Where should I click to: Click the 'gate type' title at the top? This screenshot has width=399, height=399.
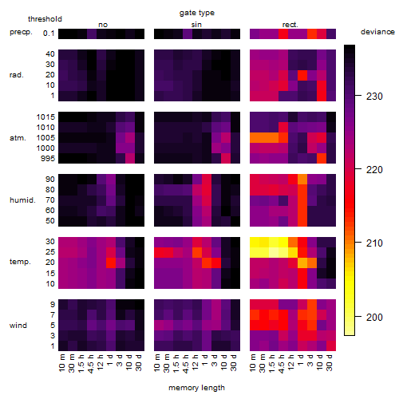(197, 13)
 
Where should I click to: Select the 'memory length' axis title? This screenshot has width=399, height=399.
(196, 388)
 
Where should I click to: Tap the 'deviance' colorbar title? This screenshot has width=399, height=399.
(377, 32)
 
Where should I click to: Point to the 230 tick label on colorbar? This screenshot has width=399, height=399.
(374, 97)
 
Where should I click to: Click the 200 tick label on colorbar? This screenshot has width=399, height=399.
(374, 317)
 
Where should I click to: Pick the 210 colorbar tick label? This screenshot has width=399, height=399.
(374, 243)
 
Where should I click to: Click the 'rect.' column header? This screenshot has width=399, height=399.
(290, 25)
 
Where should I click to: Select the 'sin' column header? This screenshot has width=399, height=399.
(196, 25)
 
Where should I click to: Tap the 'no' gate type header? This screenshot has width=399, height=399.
(103, 25)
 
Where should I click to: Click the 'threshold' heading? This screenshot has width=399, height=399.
(45, 19)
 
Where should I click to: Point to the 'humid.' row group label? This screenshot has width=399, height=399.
(22, 200)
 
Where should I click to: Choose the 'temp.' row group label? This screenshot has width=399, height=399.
(20, 262)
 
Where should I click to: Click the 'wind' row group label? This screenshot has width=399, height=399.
(18, 326)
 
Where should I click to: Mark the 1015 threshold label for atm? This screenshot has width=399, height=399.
(45, 117)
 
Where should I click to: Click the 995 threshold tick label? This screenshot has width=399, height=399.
(48, 159)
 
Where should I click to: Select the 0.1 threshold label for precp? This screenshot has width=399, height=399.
(49, 34)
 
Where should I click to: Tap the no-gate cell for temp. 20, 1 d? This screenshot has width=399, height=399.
(111, 263)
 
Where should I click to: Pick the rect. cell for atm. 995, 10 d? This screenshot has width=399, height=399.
(322, 159)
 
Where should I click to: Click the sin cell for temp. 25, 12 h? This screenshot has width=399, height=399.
(197, 252)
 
